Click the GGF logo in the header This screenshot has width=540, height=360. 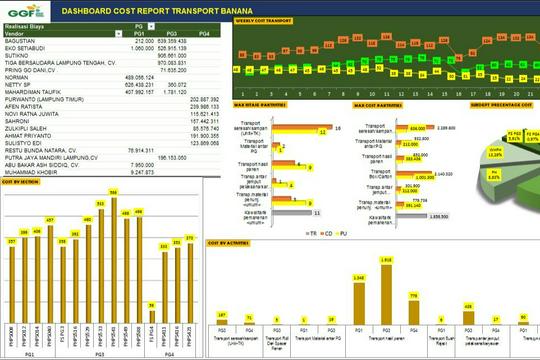pyautogui.click(x=21, y=12)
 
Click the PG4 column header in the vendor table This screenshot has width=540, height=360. pyautogui.click(x=203, y=34)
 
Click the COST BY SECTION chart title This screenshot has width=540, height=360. pyautogui.click(x=22, y=182)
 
